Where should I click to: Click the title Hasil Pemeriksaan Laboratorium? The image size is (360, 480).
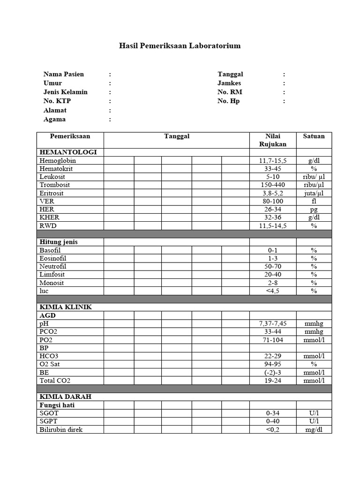pyautogui.click(x=180, y=46)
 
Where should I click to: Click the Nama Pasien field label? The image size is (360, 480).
pyautogui.click(x=64, y=74)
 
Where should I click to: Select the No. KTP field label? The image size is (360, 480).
pyautogui.click(x=57, y=101)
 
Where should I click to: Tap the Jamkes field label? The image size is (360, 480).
pyautogui.click(x=229, y=83)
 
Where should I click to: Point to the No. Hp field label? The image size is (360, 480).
pyautogui.click(x=229, y=101)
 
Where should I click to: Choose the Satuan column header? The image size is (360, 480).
pyautogui.click(x=314, y=136)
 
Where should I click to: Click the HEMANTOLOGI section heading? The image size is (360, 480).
pyautogui.click(x=68, y=152)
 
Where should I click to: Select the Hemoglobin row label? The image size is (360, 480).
pyautogui.click(x=57, y=161)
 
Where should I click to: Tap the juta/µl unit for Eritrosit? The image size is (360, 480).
pyautogui.click(x=314, y=193)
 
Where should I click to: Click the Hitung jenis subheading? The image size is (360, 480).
pyautogui.click(x=59, y=242)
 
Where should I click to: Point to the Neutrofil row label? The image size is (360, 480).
pyautogui.click(x=53, y=266)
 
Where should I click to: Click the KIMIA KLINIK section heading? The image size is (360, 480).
pyautogui.click(x=66, y=307)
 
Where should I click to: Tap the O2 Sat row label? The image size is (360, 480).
pyautogui.click(x=50, y=364)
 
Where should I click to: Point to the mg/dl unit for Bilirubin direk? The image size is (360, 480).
pyautogui.click(x=314, y=429)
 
